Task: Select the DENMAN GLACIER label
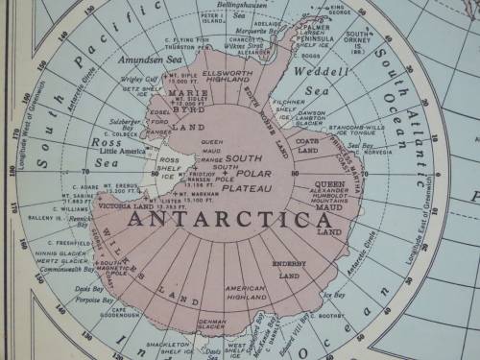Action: click(211, 325)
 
